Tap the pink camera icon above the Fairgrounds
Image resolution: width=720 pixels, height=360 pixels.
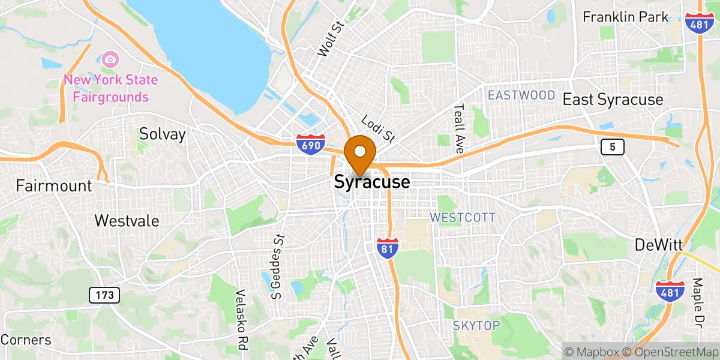pos(110,59)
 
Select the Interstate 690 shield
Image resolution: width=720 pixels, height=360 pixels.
pos(311,145)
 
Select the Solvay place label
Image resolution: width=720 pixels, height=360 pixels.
pos(162,134)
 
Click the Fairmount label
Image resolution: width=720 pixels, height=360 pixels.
pos(54,185)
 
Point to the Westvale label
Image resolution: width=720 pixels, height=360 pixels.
pos(127,221)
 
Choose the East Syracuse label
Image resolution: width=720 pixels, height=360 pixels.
pos(613,100)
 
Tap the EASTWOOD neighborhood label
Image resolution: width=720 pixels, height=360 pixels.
pos(521,95)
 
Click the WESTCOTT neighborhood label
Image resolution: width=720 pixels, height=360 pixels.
pos(463,217)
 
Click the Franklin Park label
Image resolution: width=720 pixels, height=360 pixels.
pos(626,17)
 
